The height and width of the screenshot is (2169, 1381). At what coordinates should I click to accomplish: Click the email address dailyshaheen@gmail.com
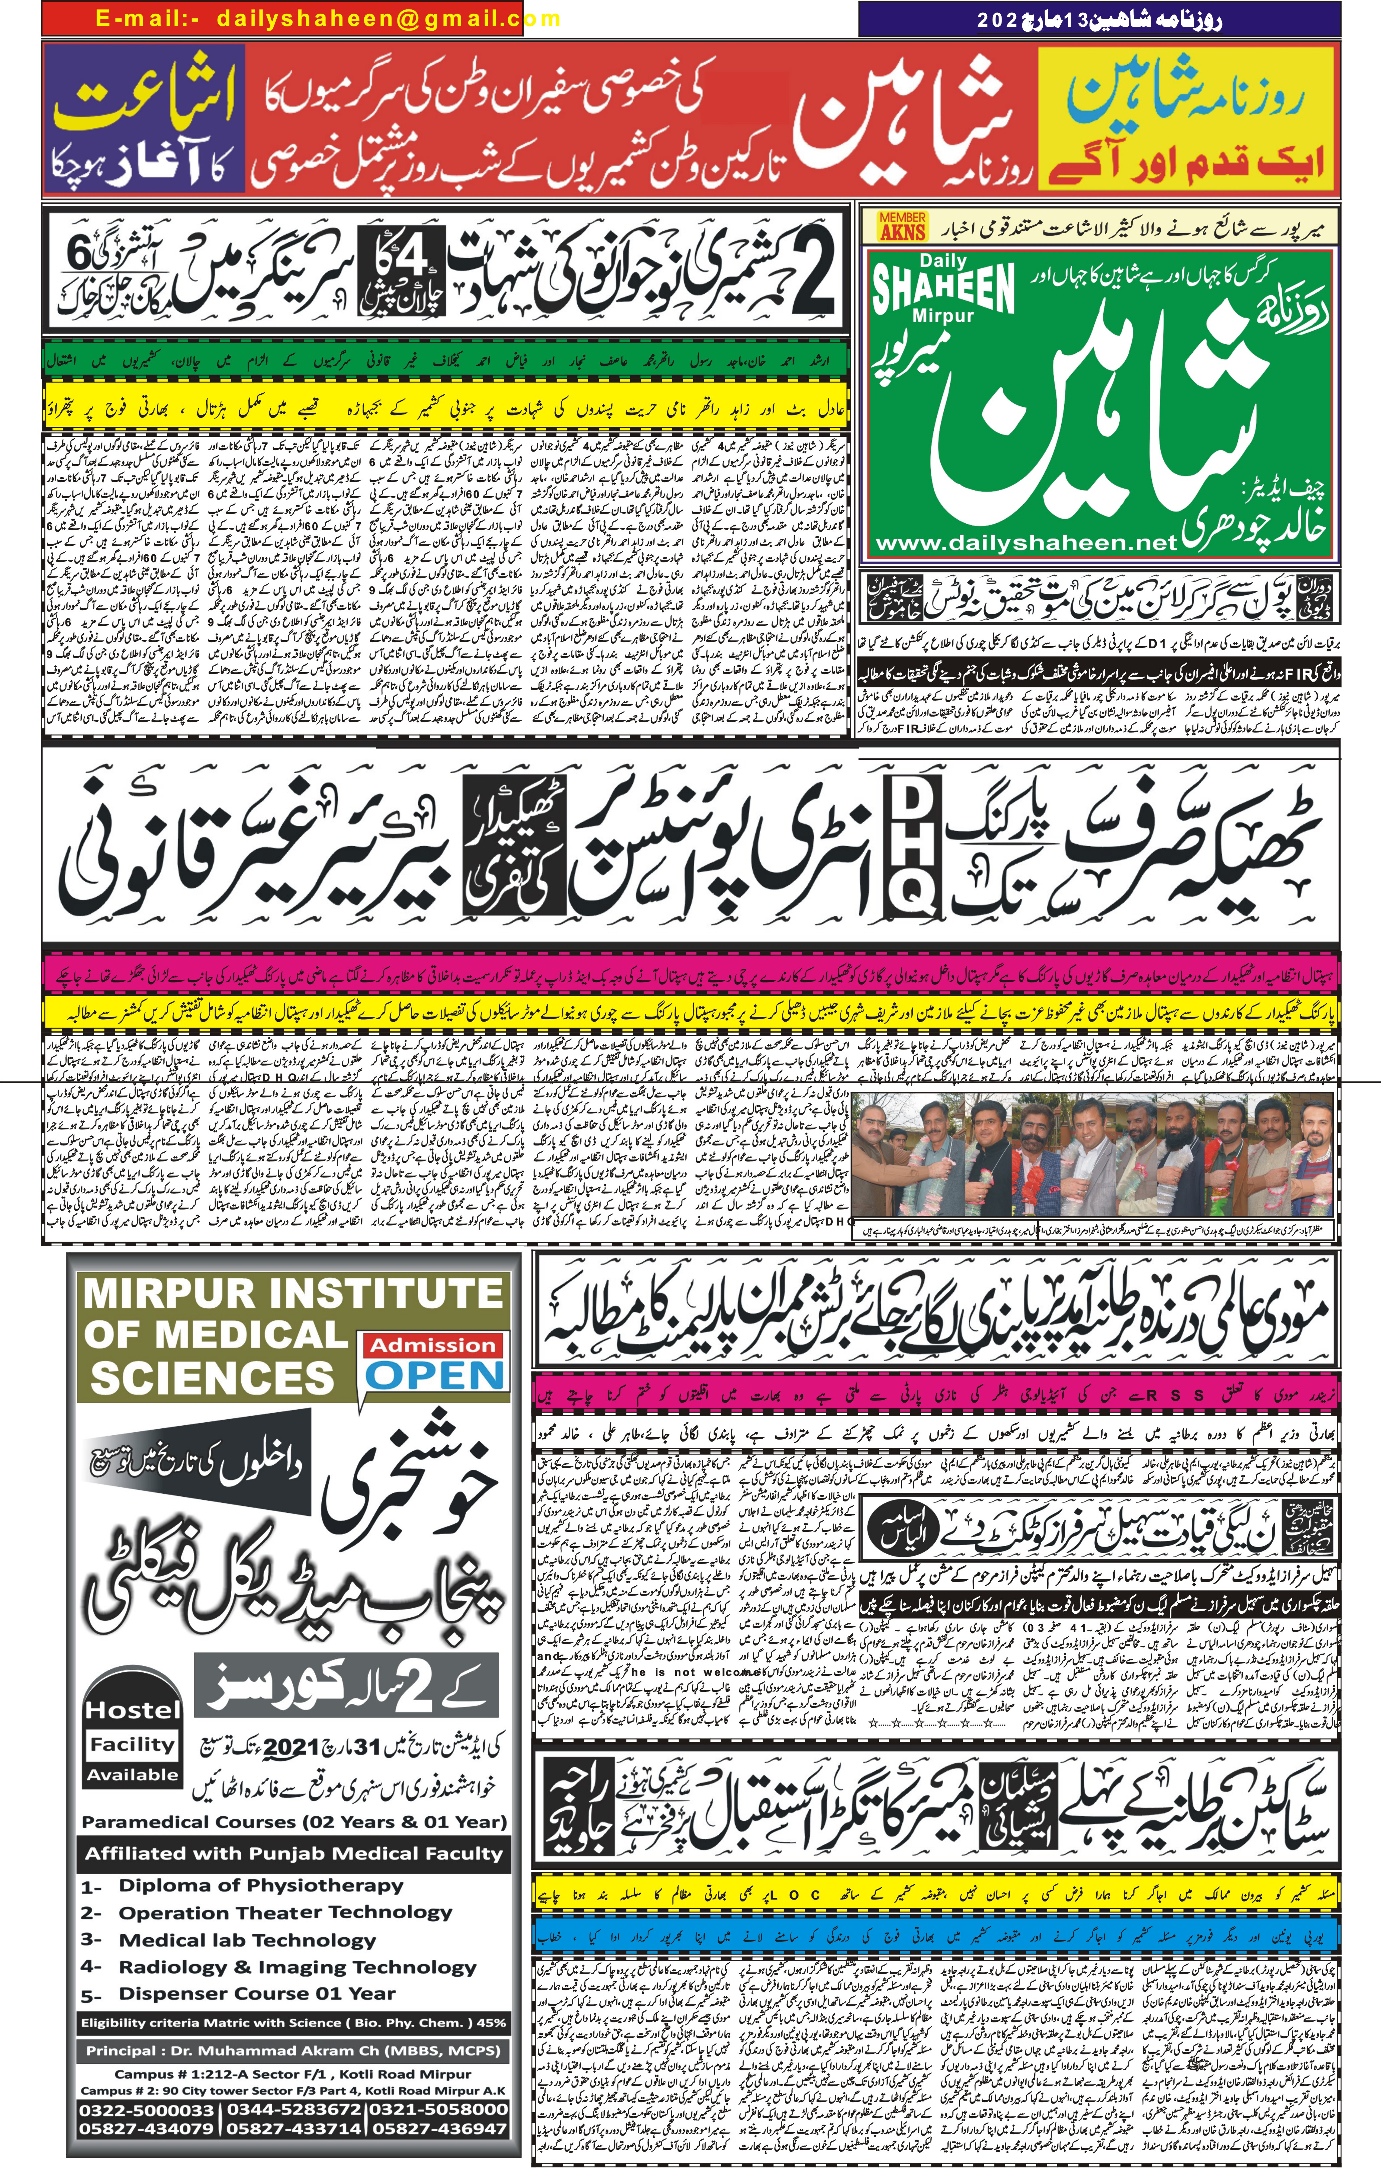point(387,18)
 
